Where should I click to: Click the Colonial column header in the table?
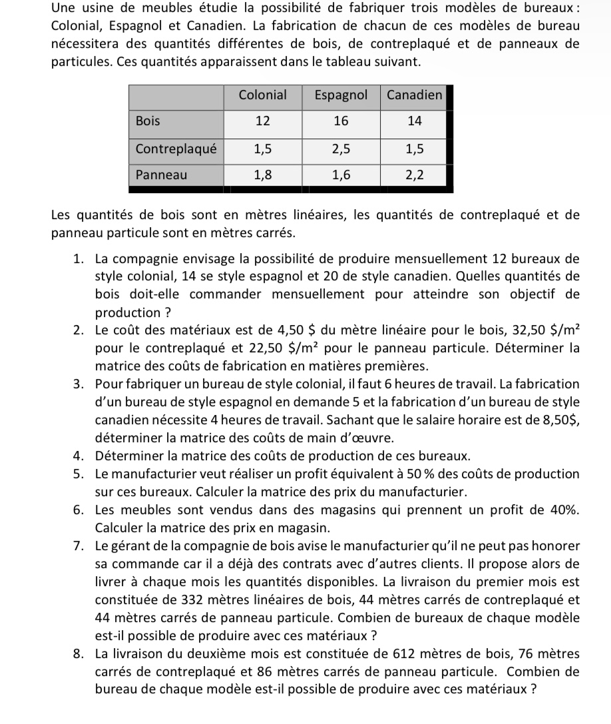[262, 95]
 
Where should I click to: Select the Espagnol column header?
[340, 95]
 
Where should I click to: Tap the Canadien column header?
[414, 95]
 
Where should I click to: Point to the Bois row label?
[148, 121]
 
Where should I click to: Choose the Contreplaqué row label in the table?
[176, 149]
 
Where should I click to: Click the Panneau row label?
[162, 175]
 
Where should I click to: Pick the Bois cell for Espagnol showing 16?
[341, 121]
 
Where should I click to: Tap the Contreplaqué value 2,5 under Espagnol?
[341, 149]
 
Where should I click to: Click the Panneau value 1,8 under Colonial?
[262, 175]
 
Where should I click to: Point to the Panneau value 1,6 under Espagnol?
[341, 175]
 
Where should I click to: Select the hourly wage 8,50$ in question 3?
[559, 420]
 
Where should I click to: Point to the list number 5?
[79, 474]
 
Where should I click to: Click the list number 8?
[79, 653]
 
